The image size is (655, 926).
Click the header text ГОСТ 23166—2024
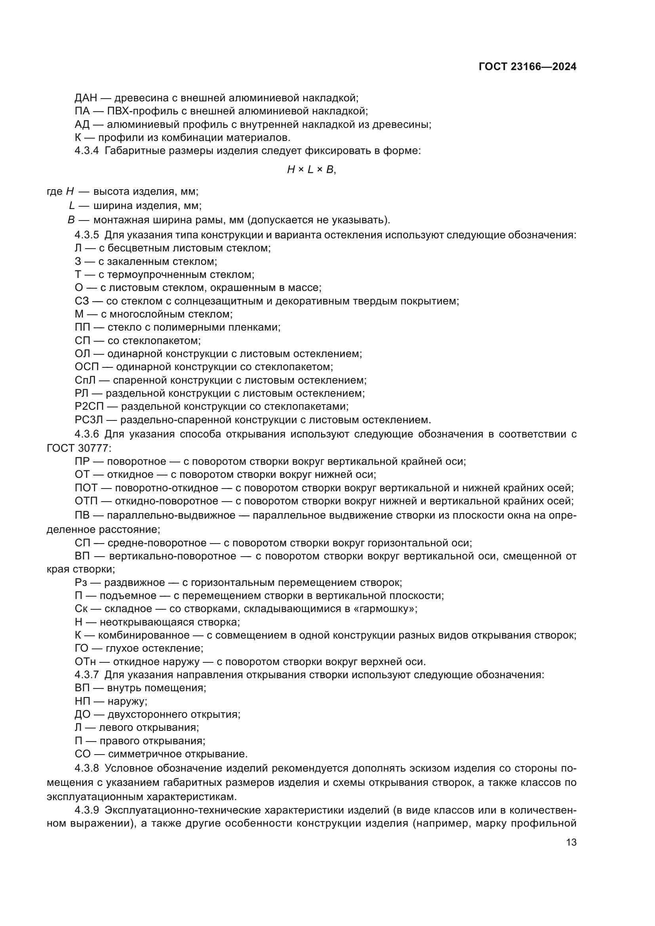click(527, 67)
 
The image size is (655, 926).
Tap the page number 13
click(571, 842)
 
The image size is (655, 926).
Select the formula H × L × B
click(311, 170)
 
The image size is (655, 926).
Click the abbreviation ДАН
click(86, 98)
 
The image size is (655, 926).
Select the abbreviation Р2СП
click(89, 406)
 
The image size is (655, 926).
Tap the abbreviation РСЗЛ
click(89, 419)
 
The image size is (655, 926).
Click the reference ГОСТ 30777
click(78, 448)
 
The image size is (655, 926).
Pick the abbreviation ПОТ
click(86, 488)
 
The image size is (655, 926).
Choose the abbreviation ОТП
click(86, 501)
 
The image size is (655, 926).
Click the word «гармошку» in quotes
click(383, 608)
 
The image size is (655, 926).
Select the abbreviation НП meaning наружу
click(82, 702)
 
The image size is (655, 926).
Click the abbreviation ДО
click(82, 715)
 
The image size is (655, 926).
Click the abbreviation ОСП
click(87, 367)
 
